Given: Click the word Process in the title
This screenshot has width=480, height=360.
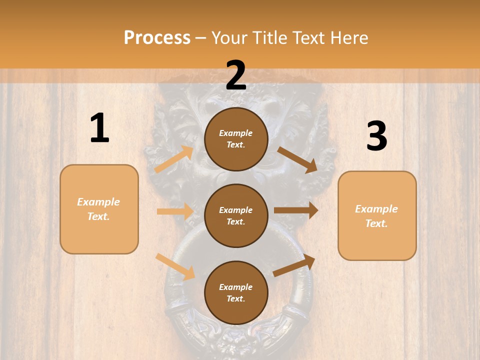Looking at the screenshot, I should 157,38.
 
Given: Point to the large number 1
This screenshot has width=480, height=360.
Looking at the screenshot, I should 99,128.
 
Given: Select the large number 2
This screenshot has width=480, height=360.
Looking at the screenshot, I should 236,75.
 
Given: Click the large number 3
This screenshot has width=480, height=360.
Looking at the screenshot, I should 376,136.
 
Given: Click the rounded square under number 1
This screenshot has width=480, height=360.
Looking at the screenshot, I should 99,209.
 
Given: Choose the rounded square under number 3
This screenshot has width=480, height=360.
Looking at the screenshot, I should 377,216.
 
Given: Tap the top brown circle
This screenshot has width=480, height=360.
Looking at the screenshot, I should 236,139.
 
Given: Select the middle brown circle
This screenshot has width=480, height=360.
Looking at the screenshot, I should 236,215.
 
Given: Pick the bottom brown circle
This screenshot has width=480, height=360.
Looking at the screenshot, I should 236,292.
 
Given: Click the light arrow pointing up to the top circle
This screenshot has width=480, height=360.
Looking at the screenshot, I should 173,159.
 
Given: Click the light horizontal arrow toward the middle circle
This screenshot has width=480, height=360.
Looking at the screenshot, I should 175,211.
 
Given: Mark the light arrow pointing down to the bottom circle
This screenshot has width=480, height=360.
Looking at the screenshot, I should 175,266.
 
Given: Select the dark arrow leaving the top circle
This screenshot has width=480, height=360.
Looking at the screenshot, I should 297,159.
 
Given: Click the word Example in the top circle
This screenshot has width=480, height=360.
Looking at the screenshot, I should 236,133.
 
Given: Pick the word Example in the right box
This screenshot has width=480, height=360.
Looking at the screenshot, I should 376,209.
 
